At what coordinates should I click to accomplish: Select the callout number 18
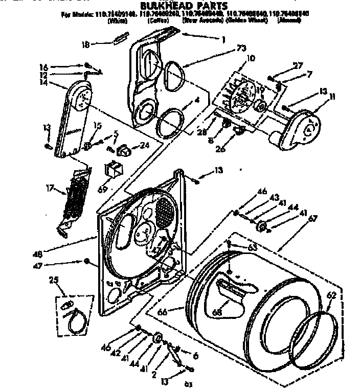click(86, 44)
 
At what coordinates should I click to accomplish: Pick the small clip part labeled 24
click(124, 150)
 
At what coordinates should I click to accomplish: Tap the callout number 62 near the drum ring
click(331, 294)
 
